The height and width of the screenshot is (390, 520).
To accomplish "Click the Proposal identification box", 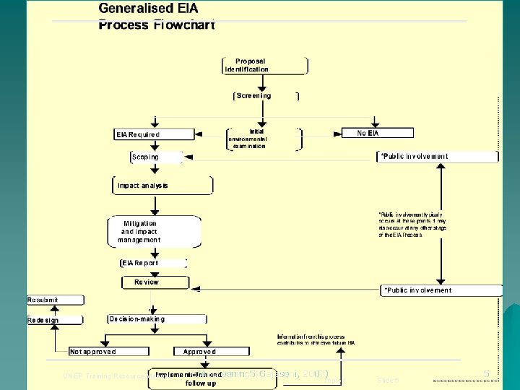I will pyautogui.click(x=265, y=65).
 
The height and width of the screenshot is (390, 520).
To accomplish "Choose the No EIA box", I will pyautogui.click(x=368, y=133).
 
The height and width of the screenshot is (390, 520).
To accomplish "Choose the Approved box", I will pyautogui.click(x=195, y=352).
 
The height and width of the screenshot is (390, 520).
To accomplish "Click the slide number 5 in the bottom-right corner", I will pyautogui.click(x=487, y=373).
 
